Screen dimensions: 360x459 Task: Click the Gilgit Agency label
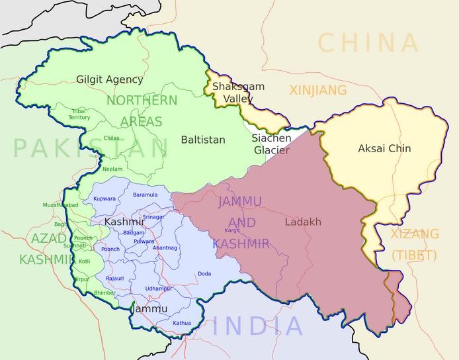pyautogui.click(x=109, y=79)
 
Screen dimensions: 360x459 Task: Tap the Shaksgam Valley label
pyautogui.click(x=238, y=93)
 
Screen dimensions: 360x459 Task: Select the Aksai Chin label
pyautogui.click(x=384, y=148)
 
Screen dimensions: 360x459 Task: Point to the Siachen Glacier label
pyautogui.click(x=271, y=144)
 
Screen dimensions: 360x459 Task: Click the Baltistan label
pyautogui.click(x=203, y=140)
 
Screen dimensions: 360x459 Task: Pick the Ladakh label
pyautogui.click(x=303, y=222)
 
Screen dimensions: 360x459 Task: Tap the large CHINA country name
pyautogui.click(x=368, y=43)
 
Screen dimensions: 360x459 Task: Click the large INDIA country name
pyautogui.click(x=258, y=326)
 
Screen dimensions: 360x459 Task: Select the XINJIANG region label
pyautogui.click(x=317, y=89)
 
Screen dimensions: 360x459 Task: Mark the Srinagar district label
pyautogui.click(x=153, y=217)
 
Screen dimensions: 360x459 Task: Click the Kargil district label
pyautogui.click(x=232, y=230)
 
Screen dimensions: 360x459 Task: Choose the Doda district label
pyautogui.click(x=204, y=273)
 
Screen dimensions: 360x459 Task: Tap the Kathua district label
pyautogui.click(x=182, y=323)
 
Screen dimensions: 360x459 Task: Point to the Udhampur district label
pyautogui.click(x=159, y=289)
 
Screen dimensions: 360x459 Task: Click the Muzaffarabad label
pyautogui.click(x=61, y=205)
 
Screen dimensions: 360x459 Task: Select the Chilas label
pyautogui.click(x=111, y=138)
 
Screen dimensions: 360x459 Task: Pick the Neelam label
pyautogui.click(x=112, y=169)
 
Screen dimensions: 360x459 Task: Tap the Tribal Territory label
pyautogui.click(x=79, y=114)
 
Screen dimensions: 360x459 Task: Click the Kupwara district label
pyautogui.click(x=104, y=199)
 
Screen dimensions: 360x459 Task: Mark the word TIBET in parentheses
pyautogui.click(x=414, y=255)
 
